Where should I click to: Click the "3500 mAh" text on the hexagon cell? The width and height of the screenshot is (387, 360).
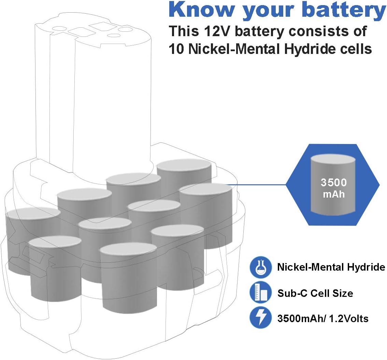333,188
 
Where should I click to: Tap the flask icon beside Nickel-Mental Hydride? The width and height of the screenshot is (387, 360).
260,267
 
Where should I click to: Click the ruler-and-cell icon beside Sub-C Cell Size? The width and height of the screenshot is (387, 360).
260,293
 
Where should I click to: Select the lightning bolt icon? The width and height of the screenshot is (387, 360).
260,318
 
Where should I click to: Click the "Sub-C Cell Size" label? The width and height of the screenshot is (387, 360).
315,293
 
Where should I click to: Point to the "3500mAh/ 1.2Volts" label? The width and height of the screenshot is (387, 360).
322,318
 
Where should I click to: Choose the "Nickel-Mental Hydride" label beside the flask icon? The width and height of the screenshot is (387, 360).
331,267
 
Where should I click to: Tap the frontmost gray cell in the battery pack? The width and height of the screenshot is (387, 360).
128,280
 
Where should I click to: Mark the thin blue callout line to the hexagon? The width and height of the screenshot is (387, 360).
259,185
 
